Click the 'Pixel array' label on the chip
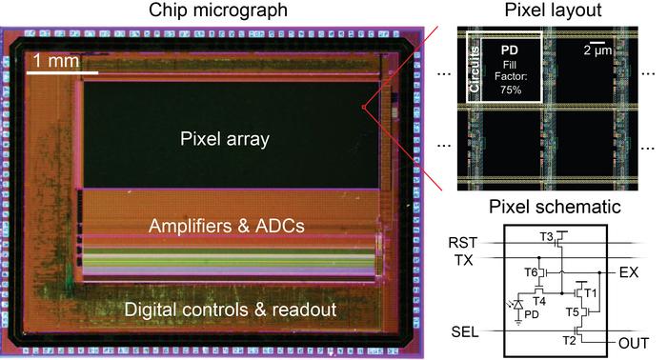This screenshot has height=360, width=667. (x=225, y=139)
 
